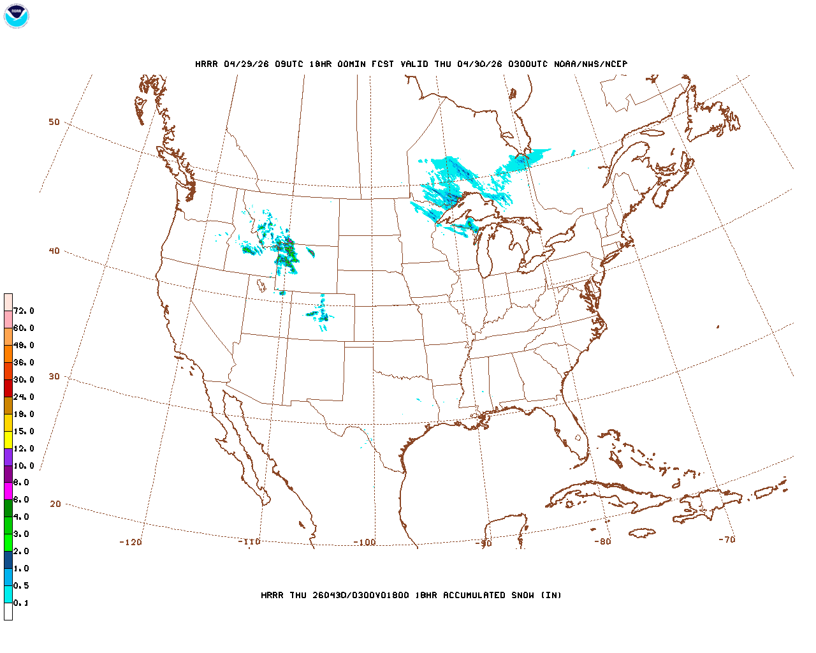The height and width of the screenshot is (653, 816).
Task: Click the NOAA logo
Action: pos(16,16)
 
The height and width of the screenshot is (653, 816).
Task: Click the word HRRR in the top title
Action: pos(207,64)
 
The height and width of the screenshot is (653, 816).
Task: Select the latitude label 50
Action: pos(54,122)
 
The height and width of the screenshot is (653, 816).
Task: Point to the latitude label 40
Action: pos(54,251)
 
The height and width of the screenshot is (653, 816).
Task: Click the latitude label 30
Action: pos(54,376)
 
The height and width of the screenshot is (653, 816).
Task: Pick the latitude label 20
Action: pos(55,504)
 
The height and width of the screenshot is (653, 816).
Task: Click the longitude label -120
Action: pos(131,542)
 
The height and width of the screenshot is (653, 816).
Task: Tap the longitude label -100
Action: pos(365,542)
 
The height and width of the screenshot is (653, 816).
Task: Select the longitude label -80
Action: pos(602,541)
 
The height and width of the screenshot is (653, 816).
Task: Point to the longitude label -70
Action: pos(727,539)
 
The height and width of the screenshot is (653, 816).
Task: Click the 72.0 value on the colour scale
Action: pos(24,311)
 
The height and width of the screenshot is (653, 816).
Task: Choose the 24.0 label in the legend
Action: pos(24,397)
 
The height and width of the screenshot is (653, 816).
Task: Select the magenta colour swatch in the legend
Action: pos(8,491)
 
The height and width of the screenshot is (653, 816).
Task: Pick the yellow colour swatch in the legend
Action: pos(8,440)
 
